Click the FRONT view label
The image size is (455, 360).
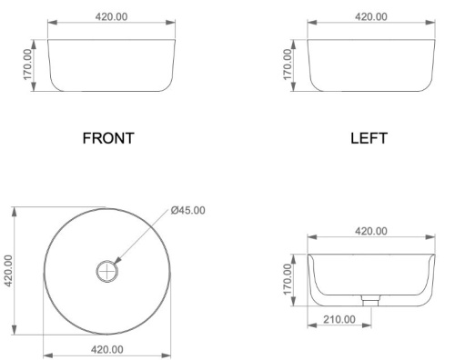point(108,138)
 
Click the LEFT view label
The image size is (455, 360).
point(369,138)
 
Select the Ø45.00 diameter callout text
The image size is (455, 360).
point(187,210)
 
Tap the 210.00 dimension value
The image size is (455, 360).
point(339,319)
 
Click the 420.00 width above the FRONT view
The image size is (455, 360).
point(111,16)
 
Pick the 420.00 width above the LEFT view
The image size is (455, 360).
point(371,16)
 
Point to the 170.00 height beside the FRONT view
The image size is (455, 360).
point(27,65)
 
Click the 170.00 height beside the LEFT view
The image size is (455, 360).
point(288,65)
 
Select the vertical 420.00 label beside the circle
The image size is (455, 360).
point(8,271)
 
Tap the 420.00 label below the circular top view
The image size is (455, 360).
point(107,349)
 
